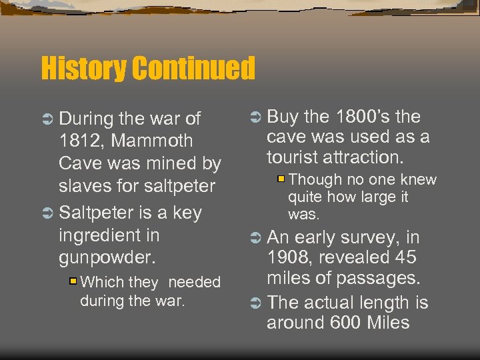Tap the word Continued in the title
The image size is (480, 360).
click(x=193, y=68)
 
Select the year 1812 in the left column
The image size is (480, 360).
click(x=79, y=141)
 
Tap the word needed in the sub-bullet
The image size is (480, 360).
click(x=194, y=283)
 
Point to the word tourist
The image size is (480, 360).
click(x=297, y=157)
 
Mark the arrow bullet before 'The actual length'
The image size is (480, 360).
click(x=255, y=303)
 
